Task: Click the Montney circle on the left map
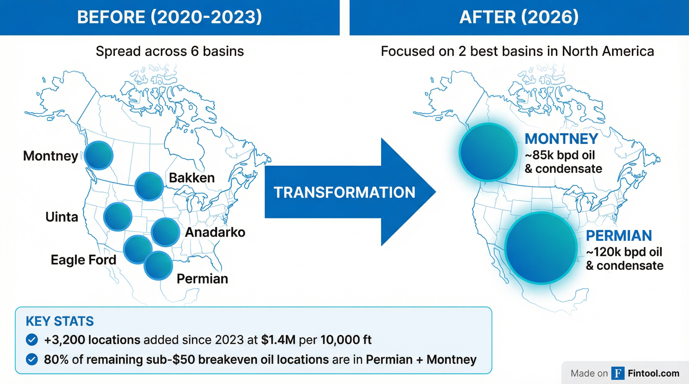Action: tap(99, 155)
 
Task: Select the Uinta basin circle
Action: tap(118, 216)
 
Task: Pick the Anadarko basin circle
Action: tap(165, 232)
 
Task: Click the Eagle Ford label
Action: tap(83, 260)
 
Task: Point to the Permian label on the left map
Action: tap(202, 279)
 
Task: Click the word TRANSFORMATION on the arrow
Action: tap(344, 192)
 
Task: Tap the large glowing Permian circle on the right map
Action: tap(541, 247)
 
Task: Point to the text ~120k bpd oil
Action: tap(624, 252)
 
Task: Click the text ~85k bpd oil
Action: tap(560, 155)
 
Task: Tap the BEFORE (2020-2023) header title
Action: tap(169, 17)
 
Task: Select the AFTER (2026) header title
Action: tap(519, 17)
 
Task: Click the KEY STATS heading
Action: tap(60, 321)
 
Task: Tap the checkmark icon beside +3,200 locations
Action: tap(32, 340)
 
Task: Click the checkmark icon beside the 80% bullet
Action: tap(32, 359)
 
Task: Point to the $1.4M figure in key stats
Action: tap(278, 340)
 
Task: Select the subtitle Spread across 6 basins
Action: tap(169, 51)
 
